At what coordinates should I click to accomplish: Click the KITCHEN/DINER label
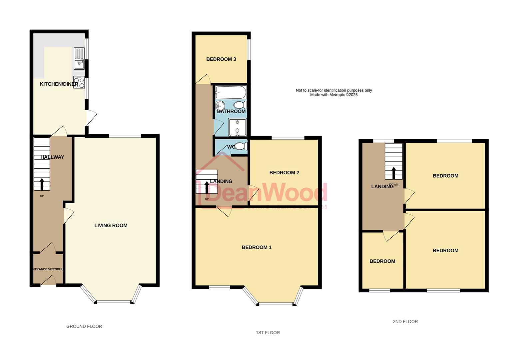tap(59, 84)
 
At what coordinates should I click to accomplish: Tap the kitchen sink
tap(79, 59)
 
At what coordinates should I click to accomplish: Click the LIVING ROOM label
tap(111, 225)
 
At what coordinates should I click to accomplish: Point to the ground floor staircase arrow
tap(42, 184)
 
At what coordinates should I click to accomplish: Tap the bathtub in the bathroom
tap(231, 92)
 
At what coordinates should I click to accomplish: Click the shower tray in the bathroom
tap(238, 127)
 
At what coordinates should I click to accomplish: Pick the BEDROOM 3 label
tap(221, 59)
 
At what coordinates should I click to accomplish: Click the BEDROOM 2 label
tap(284, 173)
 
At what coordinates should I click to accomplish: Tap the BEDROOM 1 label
tap(257, 247)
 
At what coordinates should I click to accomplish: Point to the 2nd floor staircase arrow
tap(394, 173)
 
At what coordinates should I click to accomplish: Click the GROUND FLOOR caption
tap(84, 326)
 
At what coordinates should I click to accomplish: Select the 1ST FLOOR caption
tap(268, 332)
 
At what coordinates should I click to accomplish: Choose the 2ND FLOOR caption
tap(405, 321)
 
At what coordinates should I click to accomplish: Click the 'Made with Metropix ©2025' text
tap(334, 95)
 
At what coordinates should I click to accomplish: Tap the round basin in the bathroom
tap(220, 106)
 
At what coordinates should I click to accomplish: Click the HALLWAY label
tap(52, 157)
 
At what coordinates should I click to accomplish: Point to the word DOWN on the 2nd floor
tap(394, 185)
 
